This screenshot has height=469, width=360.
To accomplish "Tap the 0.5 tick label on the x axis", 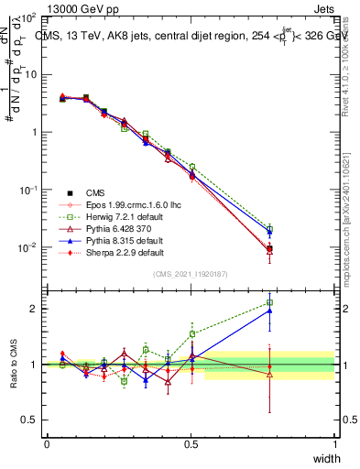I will (191, 443).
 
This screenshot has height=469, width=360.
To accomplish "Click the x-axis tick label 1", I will (334, 443).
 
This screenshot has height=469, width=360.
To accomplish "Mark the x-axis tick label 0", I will (47, 443).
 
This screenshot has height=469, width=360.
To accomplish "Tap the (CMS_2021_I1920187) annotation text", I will (191, 274).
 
